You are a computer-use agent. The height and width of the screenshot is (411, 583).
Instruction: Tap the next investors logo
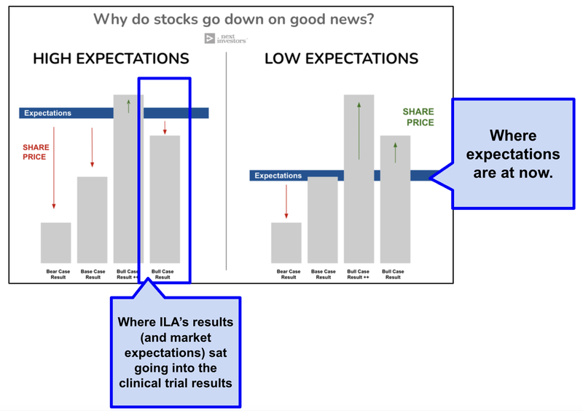(x=227, y=39)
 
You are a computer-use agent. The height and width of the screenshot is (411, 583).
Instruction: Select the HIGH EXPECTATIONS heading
(x=111, y=59)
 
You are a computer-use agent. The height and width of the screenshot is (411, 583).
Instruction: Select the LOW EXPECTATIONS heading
(x=341, y=59)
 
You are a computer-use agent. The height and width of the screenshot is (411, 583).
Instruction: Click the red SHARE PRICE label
(x=35, y=152)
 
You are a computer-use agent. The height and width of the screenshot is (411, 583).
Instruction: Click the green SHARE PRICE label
(x=418, y=117)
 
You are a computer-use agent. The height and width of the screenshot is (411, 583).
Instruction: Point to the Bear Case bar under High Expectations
(x=56, y=243)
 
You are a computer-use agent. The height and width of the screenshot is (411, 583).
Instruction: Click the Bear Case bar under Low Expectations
(x=286, y=243)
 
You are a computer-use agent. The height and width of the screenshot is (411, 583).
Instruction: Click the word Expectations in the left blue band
(x=48, y=113)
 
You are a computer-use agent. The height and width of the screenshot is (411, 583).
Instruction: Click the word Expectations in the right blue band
(x=278, y=176)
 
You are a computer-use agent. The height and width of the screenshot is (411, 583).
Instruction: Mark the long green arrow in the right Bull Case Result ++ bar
(x=359, y=131)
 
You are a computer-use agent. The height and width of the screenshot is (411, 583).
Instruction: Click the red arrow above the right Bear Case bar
(x=286, y=202)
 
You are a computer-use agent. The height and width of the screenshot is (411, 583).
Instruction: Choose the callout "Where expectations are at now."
(x=513, y=154)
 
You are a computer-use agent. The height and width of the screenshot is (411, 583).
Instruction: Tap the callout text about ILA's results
(x=175, y=351)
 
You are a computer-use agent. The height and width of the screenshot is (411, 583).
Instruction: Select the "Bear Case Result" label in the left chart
(x=56, y=275)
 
